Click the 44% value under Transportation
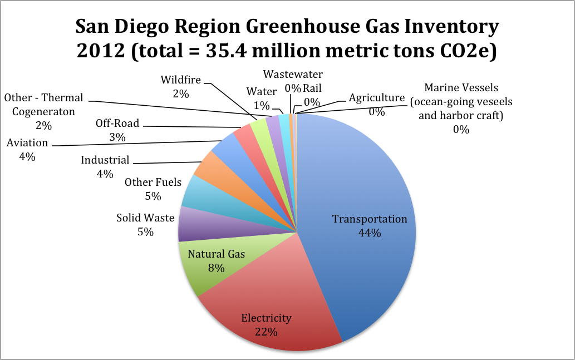pyautogui.click(x=370, y=233)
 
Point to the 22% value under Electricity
pyautogui.click(x=266, y=332)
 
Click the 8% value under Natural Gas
pyautogui.click(x=216, y=268)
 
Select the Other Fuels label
pyautogui.click(x=153, y=183)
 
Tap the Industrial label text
pyautogui.click(x=105, y=160)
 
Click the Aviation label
pyautogui.click(x=27, y=143)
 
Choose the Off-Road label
pyautogui.click(x=117, y=123)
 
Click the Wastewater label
pyautogui.click(x=293, y=74)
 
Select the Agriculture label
pyautogui.click(x=376, y=98)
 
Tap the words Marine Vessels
pyautogui.click(x=461, y=87)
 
